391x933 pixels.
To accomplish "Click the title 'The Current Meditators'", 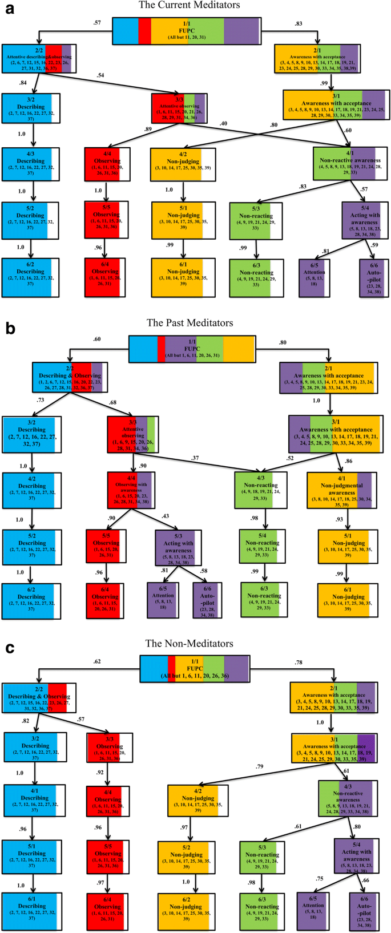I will [x=190, y=5].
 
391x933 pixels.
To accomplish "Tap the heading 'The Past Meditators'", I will [x=190, y=323].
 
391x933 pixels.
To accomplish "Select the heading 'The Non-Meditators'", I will [x=190, y=644].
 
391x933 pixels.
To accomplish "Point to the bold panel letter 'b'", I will [x=10, y=328].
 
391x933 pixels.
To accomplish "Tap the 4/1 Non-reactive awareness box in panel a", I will [x=349, y=164].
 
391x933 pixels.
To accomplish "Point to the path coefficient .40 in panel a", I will [x=223, y=123].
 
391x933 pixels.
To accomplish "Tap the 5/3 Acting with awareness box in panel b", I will [x=179, y=547].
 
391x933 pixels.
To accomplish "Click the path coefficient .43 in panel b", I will [x=166, y=516].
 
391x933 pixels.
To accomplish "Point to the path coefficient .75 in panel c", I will [x=321, y=879].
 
